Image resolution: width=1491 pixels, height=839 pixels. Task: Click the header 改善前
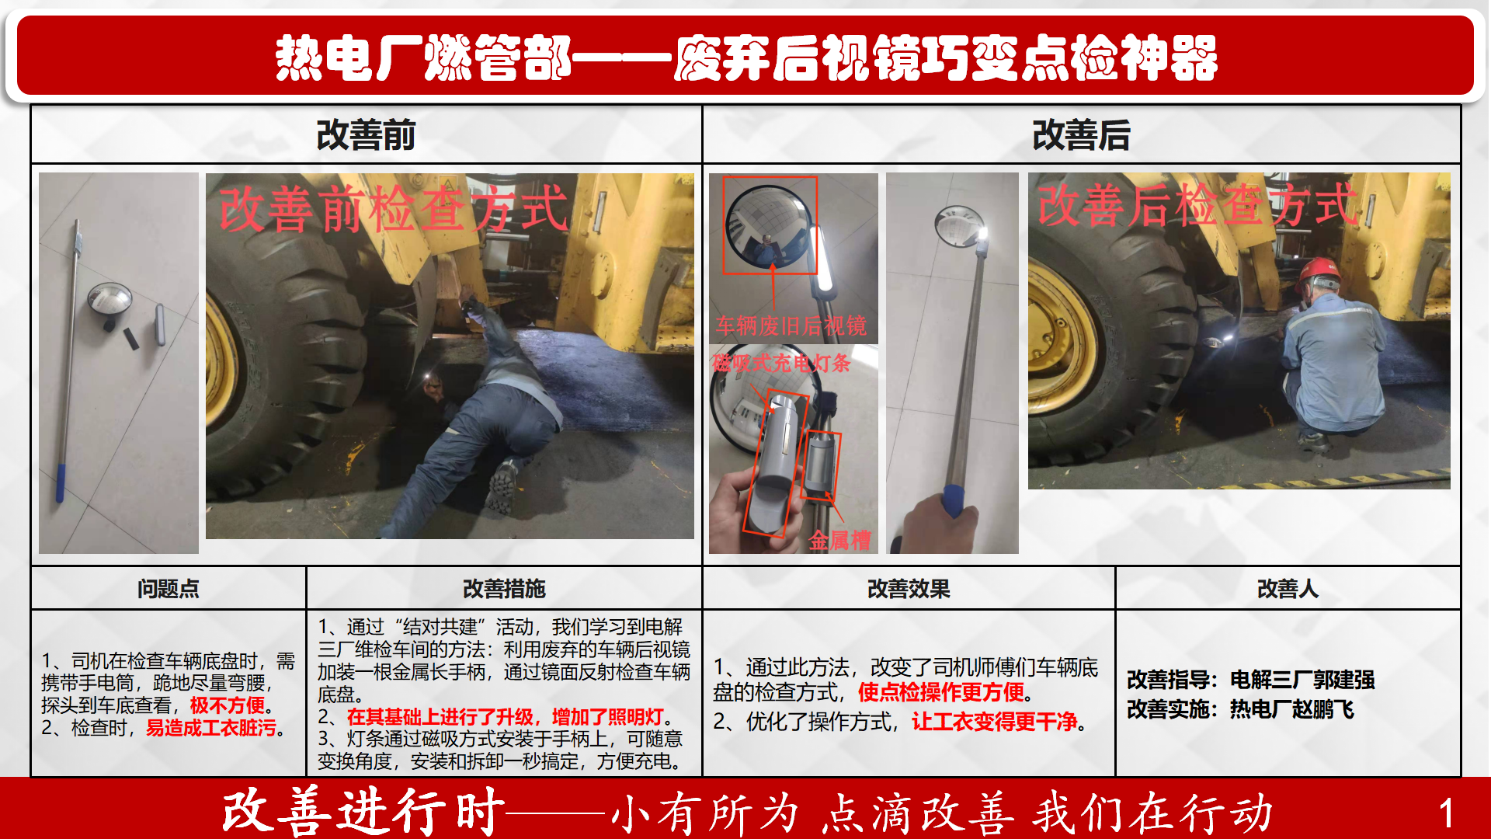click(366, 135)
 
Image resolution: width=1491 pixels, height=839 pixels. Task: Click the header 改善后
click(1081, 135)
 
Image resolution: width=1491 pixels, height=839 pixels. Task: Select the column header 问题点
click(169, 589)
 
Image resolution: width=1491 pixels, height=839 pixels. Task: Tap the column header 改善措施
click(504, 589)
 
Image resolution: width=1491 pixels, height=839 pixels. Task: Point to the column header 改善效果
click(909, 589)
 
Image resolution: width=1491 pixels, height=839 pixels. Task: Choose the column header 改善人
click(1288, 589)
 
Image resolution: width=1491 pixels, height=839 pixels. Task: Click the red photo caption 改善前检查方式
click(394, 208)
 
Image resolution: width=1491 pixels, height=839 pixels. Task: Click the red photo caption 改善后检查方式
click(1198, 204)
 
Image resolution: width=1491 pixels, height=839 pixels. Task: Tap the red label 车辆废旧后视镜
click(791, 326)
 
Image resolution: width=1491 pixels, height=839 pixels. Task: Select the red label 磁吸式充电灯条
click(781, 363)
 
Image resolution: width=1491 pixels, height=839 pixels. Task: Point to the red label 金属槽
click(839, 540)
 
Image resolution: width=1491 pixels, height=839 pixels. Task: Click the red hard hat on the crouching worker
click(1319, 271)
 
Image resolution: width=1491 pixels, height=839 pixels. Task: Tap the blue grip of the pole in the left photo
click(60, 482)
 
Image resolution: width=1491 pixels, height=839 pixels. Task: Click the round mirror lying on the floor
click(109, 299)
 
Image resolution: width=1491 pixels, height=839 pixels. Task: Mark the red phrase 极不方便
click(228, 705)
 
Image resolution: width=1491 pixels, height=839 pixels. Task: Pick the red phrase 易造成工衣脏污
click(211, 728)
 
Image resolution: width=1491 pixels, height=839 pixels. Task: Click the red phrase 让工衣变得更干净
click(995, 722)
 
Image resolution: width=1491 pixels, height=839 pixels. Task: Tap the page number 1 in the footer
click(1446, 813)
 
